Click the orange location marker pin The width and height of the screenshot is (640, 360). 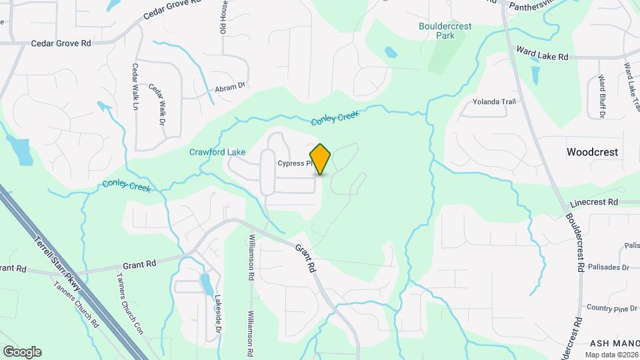[320, 159]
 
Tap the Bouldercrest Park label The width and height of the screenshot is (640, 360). [445, 31]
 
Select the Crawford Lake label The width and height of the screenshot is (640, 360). [217, 152]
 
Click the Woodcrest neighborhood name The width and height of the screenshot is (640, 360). [592, 152]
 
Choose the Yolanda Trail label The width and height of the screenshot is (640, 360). [494, 102]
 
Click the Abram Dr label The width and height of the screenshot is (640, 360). [230, 87]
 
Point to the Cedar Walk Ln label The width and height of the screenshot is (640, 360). [135, 87]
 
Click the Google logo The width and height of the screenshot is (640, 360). [22, 352]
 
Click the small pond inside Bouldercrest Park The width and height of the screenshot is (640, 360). [391, 51]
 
